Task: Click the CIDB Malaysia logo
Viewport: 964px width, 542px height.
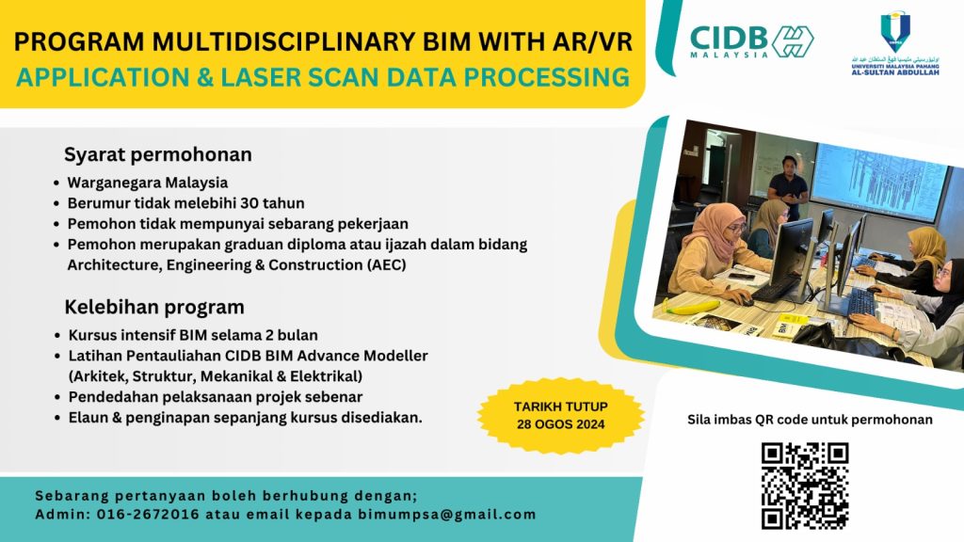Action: click(751, 40)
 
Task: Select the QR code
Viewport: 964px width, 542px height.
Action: click(805, 485)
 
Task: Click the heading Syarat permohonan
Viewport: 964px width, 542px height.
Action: click(158, 154)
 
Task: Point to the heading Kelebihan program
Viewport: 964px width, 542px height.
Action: click(154, 307)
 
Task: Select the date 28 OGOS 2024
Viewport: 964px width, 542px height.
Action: click(561, 424)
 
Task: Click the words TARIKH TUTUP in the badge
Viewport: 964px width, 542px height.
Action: click(561, 406)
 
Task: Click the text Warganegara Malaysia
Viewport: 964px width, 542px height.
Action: click(148, 183)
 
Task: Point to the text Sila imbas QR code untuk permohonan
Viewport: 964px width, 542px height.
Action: click(811, 420)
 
